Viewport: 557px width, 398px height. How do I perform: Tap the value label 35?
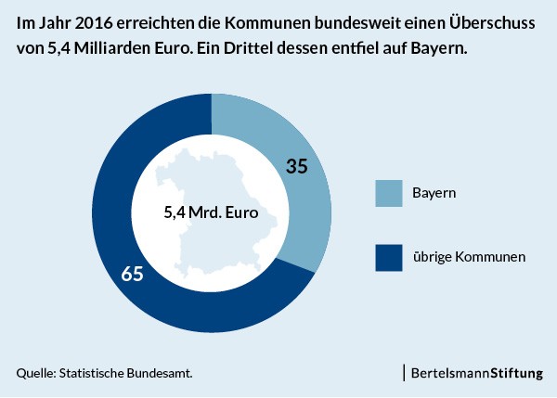pyautogui.click(x=297, y=166)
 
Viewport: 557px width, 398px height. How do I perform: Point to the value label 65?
pyautogui.click(x=132, y=274)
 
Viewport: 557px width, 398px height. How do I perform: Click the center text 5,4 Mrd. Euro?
pyautogui.click(x=211, y=212)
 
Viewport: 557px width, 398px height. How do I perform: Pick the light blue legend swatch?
pyautogui.click(x=389, y=193)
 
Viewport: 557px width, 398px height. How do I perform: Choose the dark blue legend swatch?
pyautogui.click(x=389, y=258)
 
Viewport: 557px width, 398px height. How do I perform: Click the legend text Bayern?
pyautogui.click(x=434, y=193)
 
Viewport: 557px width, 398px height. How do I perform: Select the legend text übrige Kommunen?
pyautogui.click(x=469, y=257)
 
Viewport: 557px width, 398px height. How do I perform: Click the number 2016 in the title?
pyautogui.click(x=94, y=23)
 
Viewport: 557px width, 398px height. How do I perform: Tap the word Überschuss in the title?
pyautogui.click(x=492, y=22)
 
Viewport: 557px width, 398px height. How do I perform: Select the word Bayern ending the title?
pyautogui.click(x=439, y=49)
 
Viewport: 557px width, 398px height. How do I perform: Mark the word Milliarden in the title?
pyautogui.click(x=112, y=48)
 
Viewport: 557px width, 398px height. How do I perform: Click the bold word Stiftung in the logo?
pyautogui.click(x=516, y=374)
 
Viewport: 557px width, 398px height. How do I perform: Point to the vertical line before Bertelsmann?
pyautogui.click(x=404, y=373)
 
